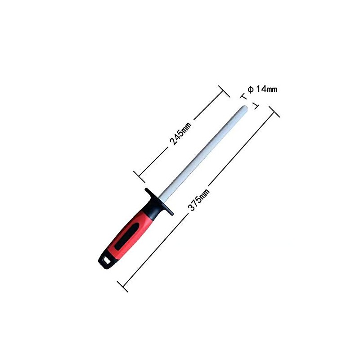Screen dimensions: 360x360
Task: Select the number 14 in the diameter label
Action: click(x=261, y=89)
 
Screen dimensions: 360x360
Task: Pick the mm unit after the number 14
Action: click(x=271, y=89)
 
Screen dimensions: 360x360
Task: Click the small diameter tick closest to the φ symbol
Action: click(x=243, y=96)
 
